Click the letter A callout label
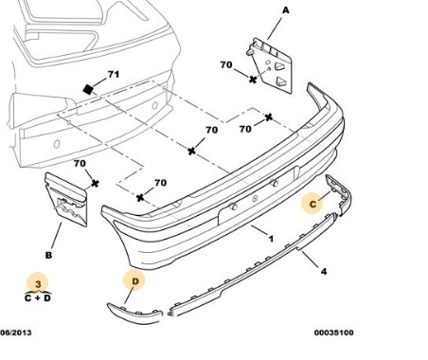[x=285, y=10]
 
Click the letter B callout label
[x=48, y=255]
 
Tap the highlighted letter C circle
[x=312, y=204]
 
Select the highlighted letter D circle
[x=134, y=281]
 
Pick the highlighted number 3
[x=38, y=283]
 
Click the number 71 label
[x=114, y=74]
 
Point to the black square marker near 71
[x=88, y=89]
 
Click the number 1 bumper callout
[x=271, y=239]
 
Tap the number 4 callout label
[x=324, y=271]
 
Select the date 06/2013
[x=16, y=333]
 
